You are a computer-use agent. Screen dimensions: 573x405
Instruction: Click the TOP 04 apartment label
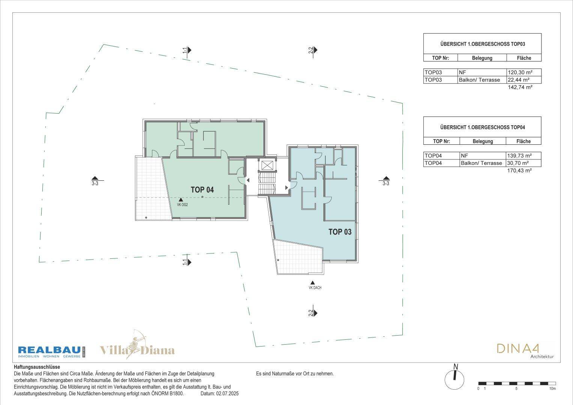pyautogui.click(x=202, y=190)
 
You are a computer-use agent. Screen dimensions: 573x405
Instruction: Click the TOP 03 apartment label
pyautogui.click(x=340, y=232)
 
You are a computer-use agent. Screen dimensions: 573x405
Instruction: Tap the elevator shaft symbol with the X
pyautogui.click(x=267, y=165)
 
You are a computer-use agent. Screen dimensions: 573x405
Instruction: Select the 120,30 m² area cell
pyautogui.click(x=524, y=72)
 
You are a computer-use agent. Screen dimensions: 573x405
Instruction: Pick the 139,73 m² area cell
pyautogui.click(x=523, y=156)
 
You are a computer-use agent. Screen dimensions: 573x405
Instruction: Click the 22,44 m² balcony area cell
pyautogui.click(x=524, y=80)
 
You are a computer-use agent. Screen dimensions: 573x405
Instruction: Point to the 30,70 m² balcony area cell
pyautogui.click(x=523, y=163)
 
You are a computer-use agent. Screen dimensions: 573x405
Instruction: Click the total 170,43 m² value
pyautogui.click(x=520, y=171)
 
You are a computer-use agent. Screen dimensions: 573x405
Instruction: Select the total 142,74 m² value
pyautogui.click(x=520, y=87)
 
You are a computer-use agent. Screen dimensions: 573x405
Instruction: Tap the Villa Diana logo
pyautogui.click(x=137, y=346)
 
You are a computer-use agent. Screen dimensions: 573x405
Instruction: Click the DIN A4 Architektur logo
pyautogui.click(x=525, y=351)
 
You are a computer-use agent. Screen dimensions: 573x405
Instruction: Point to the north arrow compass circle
pyautogui.click(x=454, y=379)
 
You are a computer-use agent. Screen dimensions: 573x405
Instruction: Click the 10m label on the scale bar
pyautogui.click(x=552, y=388)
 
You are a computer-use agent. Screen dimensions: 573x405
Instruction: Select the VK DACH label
pyautogui.click(x=315, y=288)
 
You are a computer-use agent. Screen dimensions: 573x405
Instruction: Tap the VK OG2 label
pyautogui.click(x=182, y=205)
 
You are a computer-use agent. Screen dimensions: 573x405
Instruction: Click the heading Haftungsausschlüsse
pyautogui.click(x=37, y=367)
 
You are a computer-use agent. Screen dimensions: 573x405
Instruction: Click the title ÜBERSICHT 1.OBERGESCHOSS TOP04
pyautogui.click(x=483, y=127)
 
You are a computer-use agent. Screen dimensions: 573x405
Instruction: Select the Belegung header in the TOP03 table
pyautogui.click(x=482, y=58)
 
